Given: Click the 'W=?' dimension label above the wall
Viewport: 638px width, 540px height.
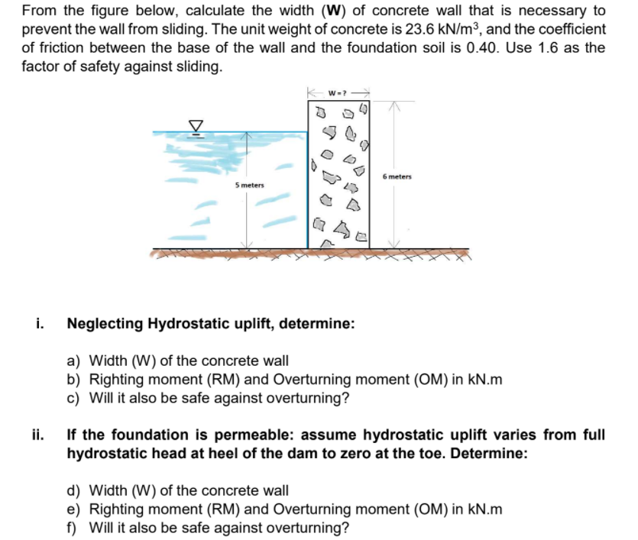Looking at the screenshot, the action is tap(337, 93).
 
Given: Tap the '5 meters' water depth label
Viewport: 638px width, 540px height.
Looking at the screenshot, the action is tap(249, 185).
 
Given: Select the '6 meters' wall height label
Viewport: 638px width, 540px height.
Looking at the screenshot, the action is tap(397, 176).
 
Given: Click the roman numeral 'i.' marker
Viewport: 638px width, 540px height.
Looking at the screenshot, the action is tap(40, 324).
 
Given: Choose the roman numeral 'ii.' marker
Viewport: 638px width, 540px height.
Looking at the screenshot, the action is tap(38, 435).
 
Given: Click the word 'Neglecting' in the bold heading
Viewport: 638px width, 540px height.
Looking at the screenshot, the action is tap(105, 324).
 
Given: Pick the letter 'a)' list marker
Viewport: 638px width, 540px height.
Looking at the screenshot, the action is tap(73, 361).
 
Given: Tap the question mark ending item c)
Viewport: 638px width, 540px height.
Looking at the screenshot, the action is tap(345, 397).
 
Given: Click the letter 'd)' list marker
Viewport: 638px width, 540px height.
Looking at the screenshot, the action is tap(73, 491).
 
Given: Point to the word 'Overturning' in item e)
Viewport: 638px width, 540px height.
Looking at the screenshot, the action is tap(311, 509).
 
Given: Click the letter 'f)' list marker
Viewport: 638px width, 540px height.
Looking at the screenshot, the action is tap(73, 528).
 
